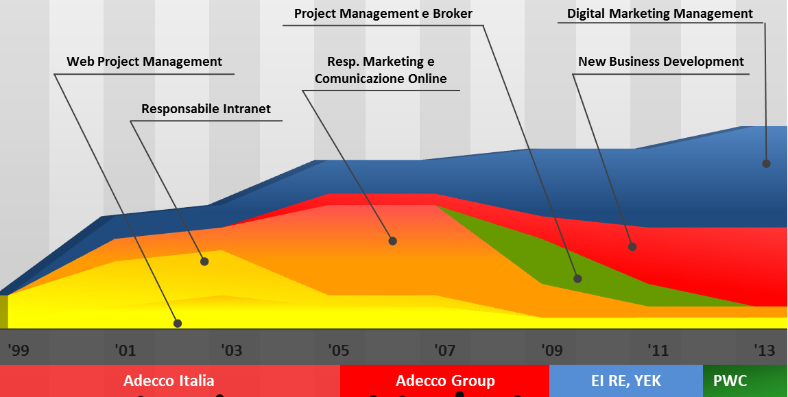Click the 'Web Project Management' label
144,62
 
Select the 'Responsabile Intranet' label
206,108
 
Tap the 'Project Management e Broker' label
383,14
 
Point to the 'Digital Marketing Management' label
660,14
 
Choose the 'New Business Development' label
661,62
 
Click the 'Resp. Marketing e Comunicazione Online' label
381,71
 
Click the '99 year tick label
19,350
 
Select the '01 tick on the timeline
125,350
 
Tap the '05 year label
338,350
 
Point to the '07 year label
445,350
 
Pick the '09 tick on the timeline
551,350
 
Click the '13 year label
765,350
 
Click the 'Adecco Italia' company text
169,381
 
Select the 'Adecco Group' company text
445,381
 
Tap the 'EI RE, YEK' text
626,381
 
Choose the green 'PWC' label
730,381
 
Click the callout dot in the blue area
766,163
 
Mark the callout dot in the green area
578,278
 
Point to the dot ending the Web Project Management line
178,324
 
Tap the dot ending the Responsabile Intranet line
204,261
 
